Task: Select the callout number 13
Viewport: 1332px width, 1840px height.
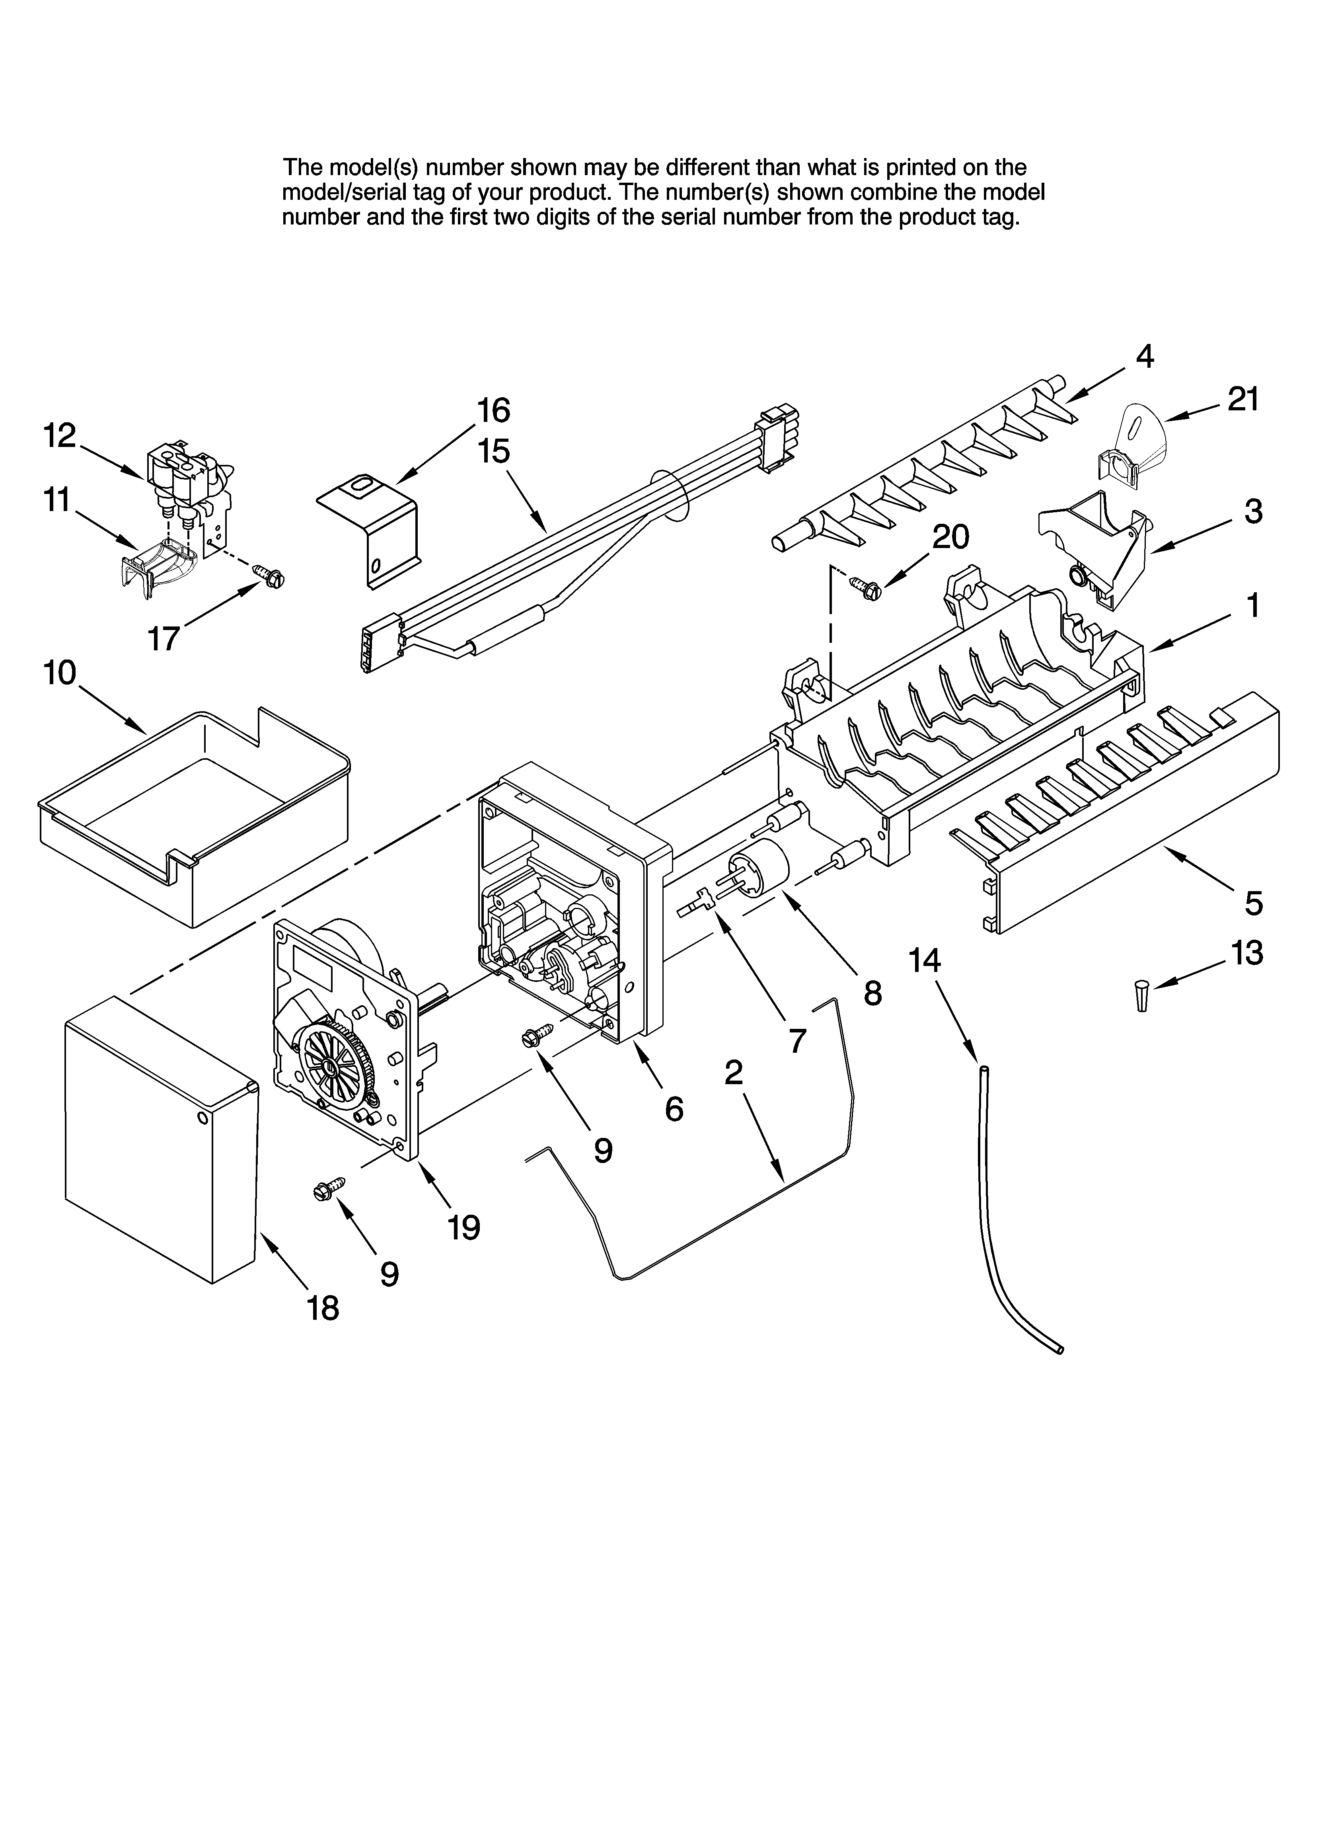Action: [x=1247, y=953]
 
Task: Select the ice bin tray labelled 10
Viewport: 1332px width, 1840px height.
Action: [x=195, y=820]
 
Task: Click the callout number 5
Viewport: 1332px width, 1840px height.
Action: [x=1253, y=903]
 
